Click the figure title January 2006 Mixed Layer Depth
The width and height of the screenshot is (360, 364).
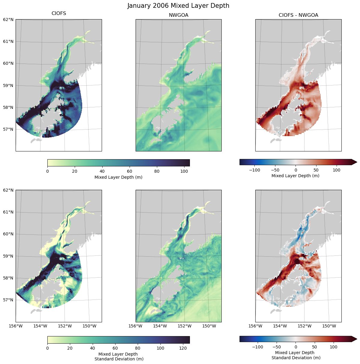[178, 6]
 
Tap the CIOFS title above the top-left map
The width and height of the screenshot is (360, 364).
[59, 13]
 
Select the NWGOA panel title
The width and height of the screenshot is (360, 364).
[178, 15]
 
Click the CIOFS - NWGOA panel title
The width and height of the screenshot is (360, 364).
[298, 15]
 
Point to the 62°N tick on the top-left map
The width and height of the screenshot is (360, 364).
[8, 19]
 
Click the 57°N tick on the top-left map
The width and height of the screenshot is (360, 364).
[8, 130]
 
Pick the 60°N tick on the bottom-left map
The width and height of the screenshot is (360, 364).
[8, 234]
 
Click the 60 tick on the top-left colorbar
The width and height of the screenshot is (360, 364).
[129, 172]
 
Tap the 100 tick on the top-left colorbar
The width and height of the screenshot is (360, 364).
[184, 172]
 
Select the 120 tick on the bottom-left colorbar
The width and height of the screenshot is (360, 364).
[183, 348]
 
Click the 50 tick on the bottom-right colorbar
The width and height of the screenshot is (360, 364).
[314, 347]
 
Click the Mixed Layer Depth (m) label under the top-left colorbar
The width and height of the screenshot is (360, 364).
[118, 177]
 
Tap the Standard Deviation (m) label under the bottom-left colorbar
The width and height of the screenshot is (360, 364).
[119, 359]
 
